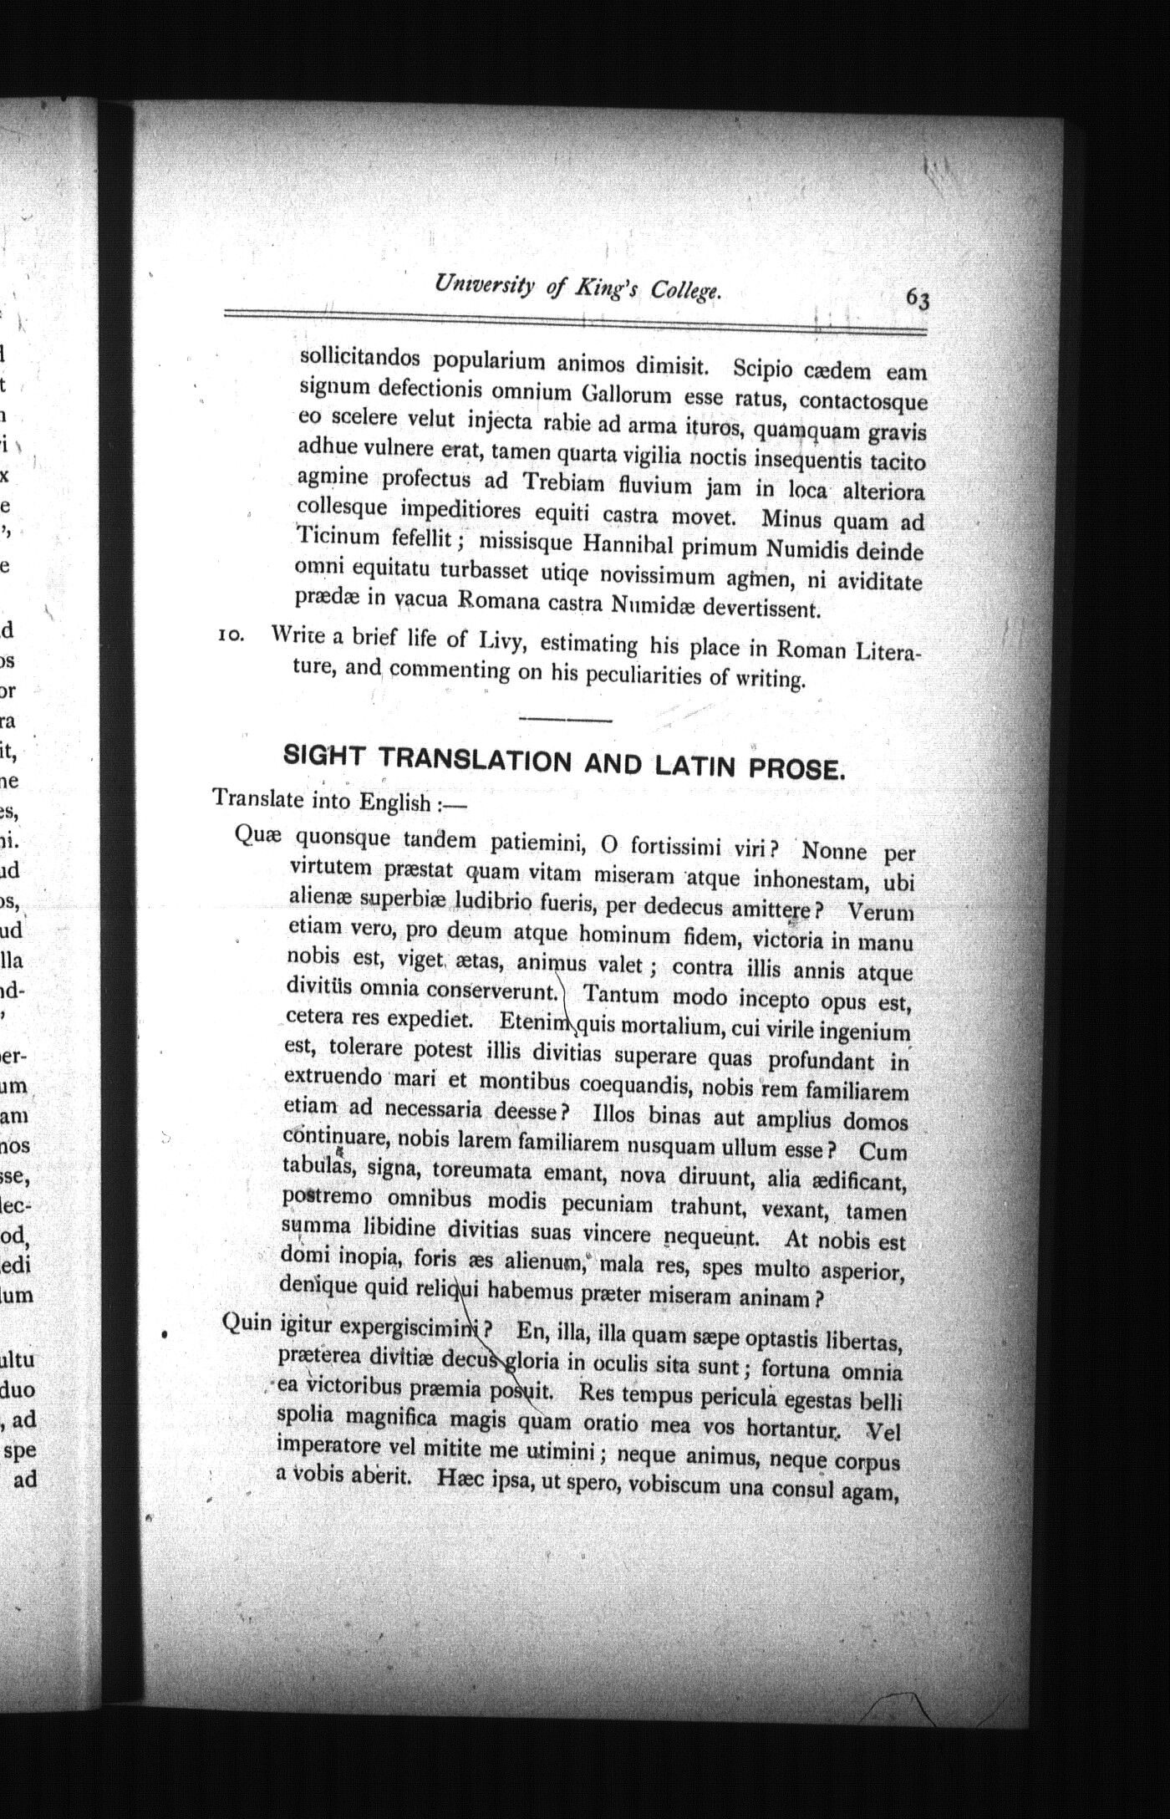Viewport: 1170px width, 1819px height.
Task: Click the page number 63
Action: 917,298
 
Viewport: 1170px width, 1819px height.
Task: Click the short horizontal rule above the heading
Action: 566,718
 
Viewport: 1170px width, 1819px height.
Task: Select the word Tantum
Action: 620,996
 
